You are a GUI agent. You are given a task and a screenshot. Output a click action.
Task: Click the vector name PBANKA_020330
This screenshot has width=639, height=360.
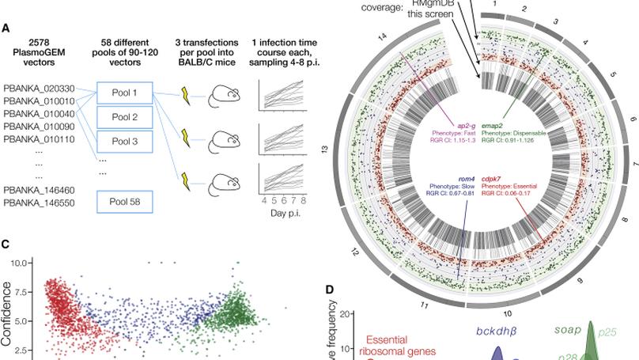[40, 89]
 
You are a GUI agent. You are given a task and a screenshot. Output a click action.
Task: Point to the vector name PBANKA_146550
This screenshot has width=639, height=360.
[40, 204]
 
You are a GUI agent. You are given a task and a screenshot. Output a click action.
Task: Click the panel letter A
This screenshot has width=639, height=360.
[6, 28]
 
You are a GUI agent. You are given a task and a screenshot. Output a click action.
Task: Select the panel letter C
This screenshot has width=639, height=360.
[6, 244]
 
